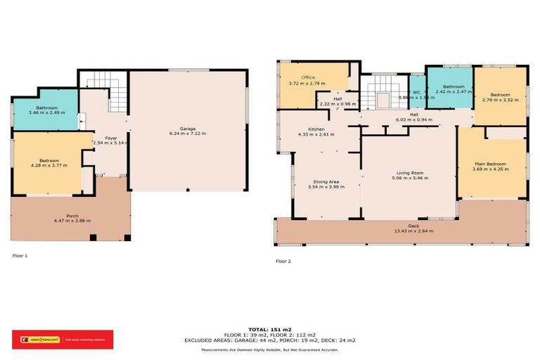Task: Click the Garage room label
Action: [x=187, y=129]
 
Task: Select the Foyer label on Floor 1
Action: [x=111, y=139]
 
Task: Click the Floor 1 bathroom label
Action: [x=47, y=108]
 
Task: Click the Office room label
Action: [x=308, y=77]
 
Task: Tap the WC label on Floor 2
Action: [x=416, y=92]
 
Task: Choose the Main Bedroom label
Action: [x=490, y=164]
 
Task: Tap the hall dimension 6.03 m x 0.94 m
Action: [x=415, y=119]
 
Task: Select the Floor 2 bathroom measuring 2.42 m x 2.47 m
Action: [x=450, y=91]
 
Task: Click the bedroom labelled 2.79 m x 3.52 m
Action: [x=500, y=100]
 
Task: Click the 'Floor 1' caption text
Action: [x=20, y=256]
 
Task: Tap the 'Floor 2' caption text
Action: [x=283, y=261]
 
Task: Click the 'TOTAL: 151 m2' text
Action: [x=269, y=328]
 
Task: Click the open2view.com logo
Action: [x=37, y=340]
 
